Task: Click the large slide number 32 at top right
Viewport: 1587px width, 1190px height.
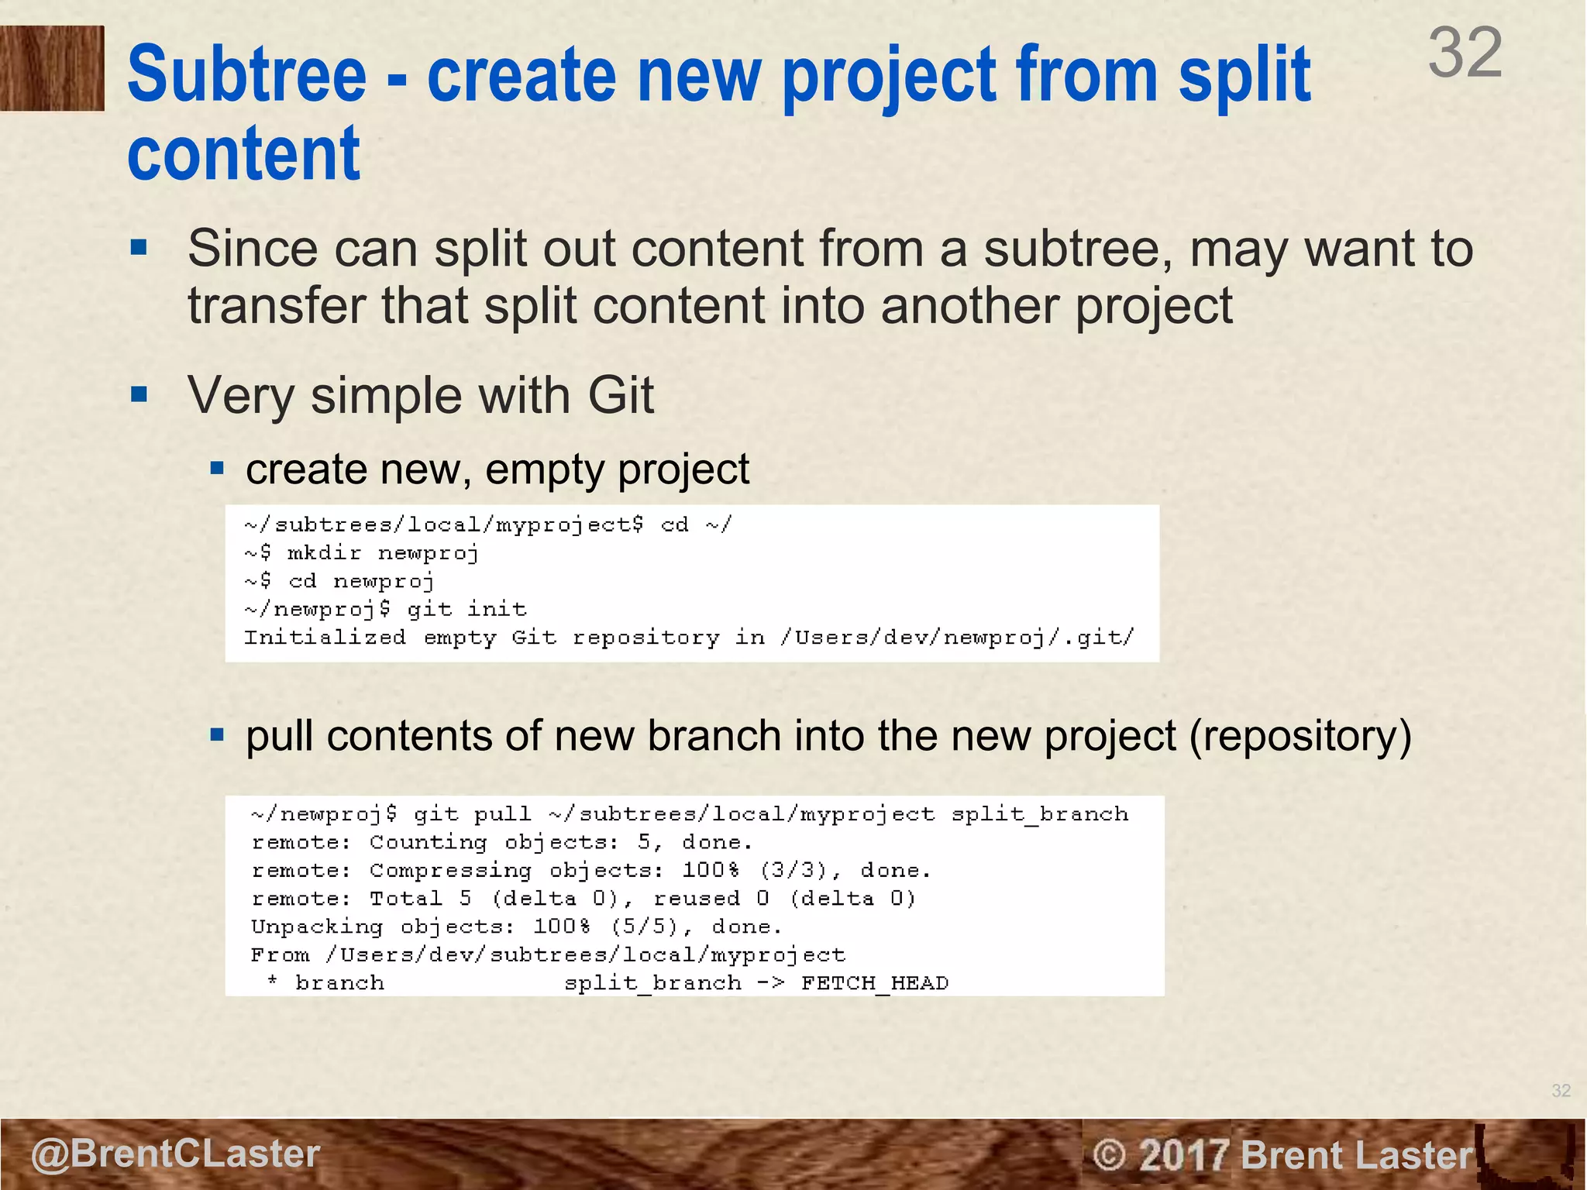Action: (x=1465, y=53)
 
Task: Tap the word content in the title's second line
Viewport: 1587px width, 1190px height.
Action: (x=243, y=154)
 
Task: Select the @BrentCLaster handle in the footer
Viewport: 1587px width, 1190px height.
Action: (x=175, y=1154)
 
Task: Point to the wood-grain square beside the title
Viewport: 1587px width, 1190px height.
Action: (x=52, y=68)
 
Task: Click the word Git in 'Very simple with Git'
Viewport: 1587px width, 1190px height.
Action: (x=620, y=396)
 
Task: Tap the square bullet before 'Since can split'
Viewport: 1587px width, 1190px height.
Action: (x=139, y=248)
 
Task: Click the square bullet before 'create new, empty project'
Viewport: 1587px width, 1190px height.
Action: (x=218, y=468)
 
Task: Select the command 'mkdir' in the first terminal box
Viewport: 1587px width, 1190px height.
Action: (x=324, y=553)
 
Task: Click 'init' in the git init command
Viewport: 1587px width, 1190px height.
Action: (x=497, y=609)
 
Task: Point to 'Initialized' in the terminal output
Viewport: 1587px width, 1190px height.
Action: (x=325, y=638)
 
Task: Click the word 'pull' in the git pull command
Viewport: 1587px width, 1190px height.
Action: (x=502, y=814)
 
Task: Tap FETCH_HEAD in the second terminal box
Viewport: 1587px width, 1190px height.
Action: (x=874, y=983)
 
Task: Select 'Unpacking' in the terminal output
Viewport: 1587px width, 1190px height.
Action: (x=317, y=927)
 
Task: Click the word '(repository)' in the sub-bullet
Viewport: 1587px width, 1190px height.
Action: (x=1300, y=736)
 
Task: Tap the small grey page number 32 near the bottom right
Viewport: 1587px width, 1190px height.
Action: (x=1561, y=1091)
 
